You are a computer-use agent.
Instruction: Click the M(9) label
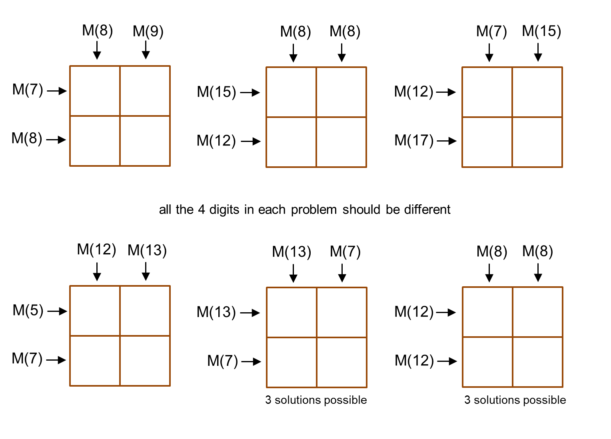point(148,31)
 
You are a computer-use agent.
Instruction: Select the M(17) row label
point(414,140)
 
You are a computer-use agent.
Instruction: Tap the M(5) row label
point(28,310)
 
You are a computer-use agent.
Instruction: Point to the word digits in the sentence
point(224,210)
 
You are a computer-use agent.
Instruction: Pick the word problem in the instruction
point(314,210)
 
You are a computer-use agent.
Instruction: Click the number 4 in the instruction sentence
point(201,210)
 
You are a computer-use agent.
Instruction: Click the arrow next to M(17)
point(447,141)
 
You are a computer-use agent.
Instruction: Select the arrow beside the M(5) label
point(57,311)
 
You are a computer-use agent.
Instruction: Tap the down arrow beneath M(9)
point(146,50)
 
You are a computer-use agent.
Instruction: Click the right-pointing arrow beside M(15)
point(250,93)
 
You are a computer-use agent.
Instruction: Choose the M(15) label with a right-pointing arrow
point(216,92)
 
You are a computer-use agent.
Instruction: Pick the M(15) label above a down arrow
point(541,31)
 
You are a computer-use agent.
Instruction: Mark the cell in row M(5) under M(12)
point(95,311)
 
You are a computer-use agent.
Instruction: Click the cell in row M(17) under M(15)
point(537,142)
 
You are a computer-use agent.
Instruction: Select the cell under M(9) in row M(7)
point(145,91)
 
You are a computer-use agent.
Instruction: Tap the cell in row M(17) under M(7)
point(487,142)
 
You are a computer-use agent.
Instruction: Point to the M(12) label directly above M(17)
point(414,92)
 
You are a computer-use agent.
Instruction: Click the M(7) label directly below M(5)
point(27,358)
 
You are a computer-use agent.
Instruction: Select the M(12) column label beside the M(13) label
point(96,249)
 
